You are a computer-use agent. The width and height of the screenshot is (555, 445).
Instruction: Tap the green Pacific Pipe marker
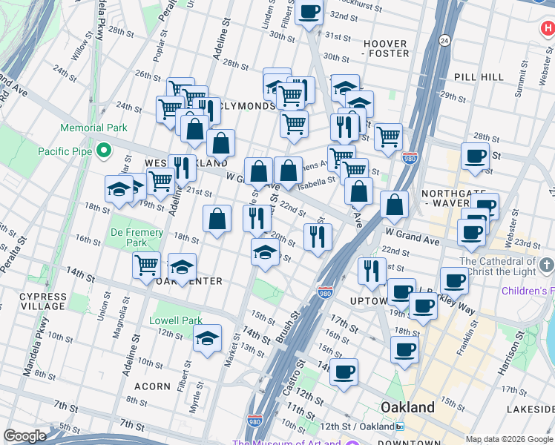click(x=104, y=151)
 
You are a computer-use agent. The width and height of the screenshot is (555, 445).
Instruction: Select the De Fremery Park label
click(x=137, y=237)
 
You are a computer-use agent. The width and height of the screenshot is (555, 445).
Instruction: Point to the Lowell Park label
click(x=176, y=321)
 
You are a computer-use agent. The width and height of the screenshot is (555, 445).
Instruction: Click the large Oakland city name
click(x=407, y=407)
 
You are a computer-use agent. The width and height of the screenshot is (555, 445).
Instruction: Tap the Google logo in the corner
click(x=24, y=436)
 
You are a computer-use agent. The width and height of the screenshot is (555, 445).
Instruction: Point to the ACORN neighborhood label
click(x=152, y=386)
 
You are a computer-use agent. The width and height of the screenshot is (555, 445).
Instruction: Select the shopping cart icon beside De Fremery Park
click(x=147, y=263)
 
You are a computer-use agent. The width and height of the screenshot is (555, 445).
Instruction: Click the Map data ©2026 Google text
click(x=509, y=439)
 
